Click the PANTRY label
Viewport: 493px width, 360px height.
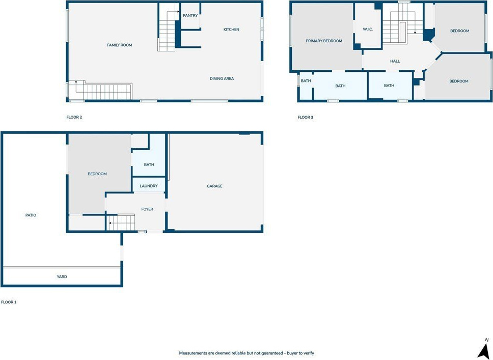190,15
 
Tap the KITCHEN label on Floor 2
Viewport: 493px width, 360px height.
231,29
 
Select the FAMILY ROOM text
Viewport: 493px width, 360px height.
120,45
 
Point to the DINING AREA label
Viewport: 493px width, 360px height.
222,78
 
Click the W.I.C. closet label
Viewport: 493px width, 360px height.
368,29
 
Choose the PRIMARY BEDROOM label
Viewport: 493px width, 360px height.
324,41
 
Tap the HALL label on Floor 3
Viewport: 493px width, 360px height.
395,61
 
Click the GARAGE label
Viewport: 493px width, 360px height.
214,186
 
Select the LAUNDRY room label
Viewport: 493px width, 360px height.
148,186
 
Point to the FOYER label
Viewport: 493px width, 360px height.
147,209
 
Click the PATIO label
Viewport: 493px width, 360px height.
31,215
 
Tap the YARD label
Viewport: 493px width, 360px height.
62,276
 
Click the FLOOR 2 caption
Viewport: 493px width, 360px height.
74,117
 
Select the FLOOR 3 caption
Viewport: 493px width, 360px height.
305,117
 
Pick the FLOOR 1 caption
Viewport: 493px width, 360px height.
9,302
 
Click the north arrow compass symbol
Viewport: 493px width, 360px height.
484,348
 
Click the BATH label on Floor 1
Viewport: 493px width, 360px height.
149,164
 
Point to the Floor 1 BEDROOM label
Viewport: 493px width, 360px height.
97,174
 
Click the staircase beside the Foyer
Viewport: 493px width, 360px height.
121,223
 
